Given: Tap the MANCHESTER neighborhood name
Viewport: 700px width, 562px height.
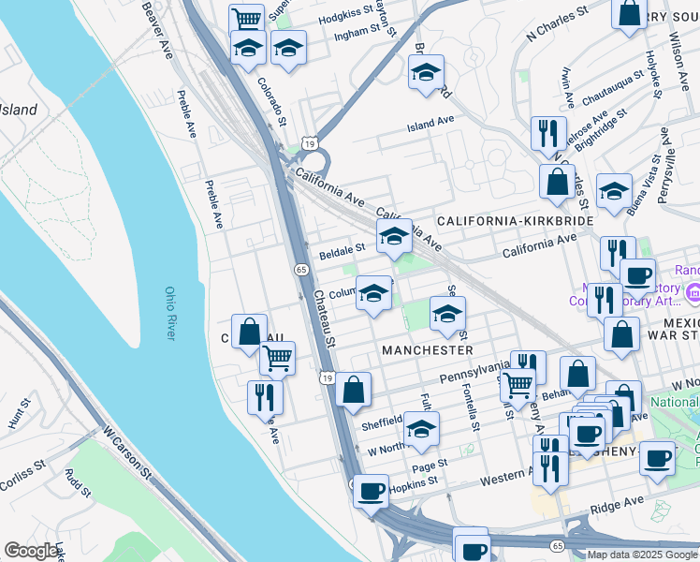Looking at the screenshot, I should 428,349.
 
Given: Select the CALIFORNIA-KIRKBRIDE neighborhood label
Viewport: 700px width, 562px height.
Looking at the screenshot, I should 516,220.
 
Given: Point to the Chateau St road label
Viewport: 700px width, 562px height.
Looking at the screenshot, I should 324,318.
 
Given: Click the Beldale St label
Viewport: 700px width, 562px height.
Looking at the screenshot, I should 342,252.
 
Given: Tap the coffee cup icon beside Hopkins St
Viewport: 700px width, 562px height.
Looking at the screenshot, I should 371,490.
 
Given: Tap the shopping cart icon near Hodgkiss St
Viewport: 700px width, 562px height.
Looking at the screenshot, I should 246,19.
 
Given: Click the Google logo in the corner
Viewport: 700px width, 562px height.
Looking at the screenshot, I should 31,551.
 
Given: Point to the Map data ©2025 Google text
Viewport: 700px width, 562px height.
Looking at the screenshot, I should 642,555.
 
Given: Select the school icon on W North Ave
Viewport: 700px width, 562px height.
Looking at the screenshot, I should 422,430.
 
